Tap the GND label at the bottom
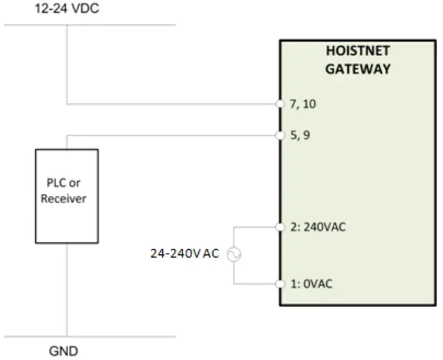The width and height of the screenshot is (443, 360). click(x=64, y=351)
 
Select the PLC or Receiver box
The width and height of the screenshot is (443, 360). click(x=66, y=196)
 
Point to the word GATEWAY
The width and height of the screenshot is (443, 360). click(x=357, y=69)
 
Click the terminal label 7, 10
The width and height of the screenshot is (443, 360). click(x=303, y=104)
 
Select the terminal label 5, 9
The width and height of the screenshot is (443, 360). click(x=299, y=136)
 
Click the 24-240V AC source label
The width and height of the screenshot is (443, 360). click(x=184, y=254)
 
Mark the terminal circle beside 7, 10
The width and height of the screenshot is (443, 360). click(x=280, y=104)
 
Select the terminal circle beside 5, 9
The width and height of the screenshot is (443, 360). click(x=280, y=136)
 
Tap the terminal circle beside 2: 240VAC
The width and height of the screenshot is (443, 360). click(x=280, y=227)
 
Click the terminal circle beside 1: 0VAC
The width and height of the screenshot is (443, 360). click(x=280, y=284)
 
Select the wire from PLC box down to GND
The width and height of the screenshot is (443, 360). click(x=66, y=290)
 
